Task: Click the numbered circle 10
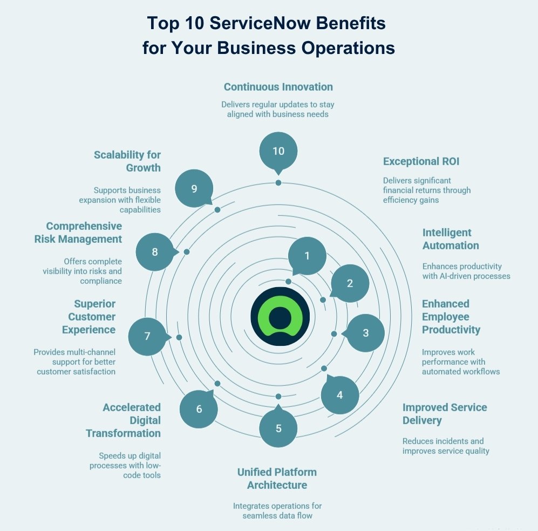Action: pyautogui.click(x=278, y=151)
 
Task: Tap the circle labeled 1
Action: pyautogui.click(x=307, y=256)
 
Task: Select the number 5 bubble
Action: pyautogui.click(x=278, y=428)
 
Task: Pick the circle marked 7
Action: pyautogui.click(x=147, y=336)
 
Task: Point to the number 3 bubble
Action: pyautogui.click(x=365, y=333)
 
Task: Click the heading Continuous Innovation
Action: pyautogui.click(x=278, y=87)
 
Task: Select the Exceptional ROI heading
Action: pyautogui.click(x=421, y=161)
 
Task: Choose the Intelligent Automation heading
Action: pyautogui.click(x=450, y=239)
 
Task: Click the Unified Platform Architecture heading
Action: pyautogui.click(x=277, y=479)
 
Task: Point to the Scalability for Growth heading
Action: pyautogui.click(x=127, y=161)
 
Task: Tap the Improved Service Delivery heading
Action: pyautogui.click(x=445, y=414)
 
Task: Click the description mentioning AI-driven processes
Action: pyautogui.click(x=466, y=271)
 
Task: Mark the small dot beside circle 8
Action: pyautogui.click(x=187, y=252)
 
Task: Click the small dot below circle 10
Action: pyautogui.click(x=278, y=183)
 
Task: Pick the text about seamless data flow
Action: pyautogui.click(x=277, y=510)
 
